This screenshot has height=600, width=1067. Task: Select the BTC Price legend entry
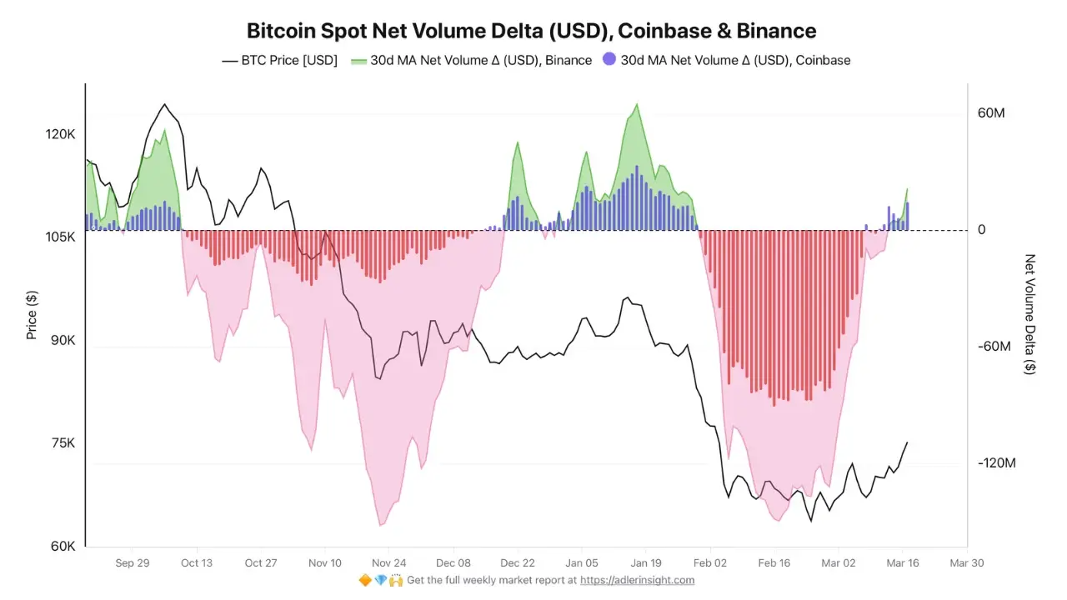(280, 60)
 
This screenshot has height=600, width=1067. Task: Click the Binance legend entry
(471, 60)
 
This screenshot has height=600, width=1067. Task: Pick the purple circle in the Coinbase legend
(609, 60)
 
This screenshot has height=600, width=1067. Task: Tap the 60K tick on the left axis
(63, 547)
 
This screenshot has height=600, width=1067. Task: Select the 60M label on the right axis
(992, 112)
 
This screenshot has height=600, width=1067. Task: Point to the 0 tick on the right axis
(982, 230)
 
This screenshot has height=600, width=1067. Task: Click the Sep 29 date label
(133, 562)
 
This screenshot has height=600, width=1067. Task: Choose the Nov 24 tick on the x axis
(388, 562)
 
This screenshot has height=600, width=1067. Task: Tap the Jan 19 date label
(645, 562)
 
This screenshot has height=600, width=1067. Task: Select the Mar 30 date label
(967, 562)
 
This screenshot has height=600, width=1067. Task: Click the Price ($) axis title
(32, 315)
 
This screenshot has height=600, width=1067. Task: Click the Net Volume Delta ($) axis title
(1030, 314)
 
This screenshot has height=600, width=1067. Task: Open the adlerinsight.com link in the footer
(638, 580)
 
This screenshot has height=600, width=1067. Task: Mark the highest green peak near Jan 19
(638, 104)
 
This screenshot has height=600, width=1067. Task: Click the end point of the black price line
(907, 442)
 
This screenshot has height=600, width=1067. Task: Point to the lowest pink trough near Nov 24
(381, 525)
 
